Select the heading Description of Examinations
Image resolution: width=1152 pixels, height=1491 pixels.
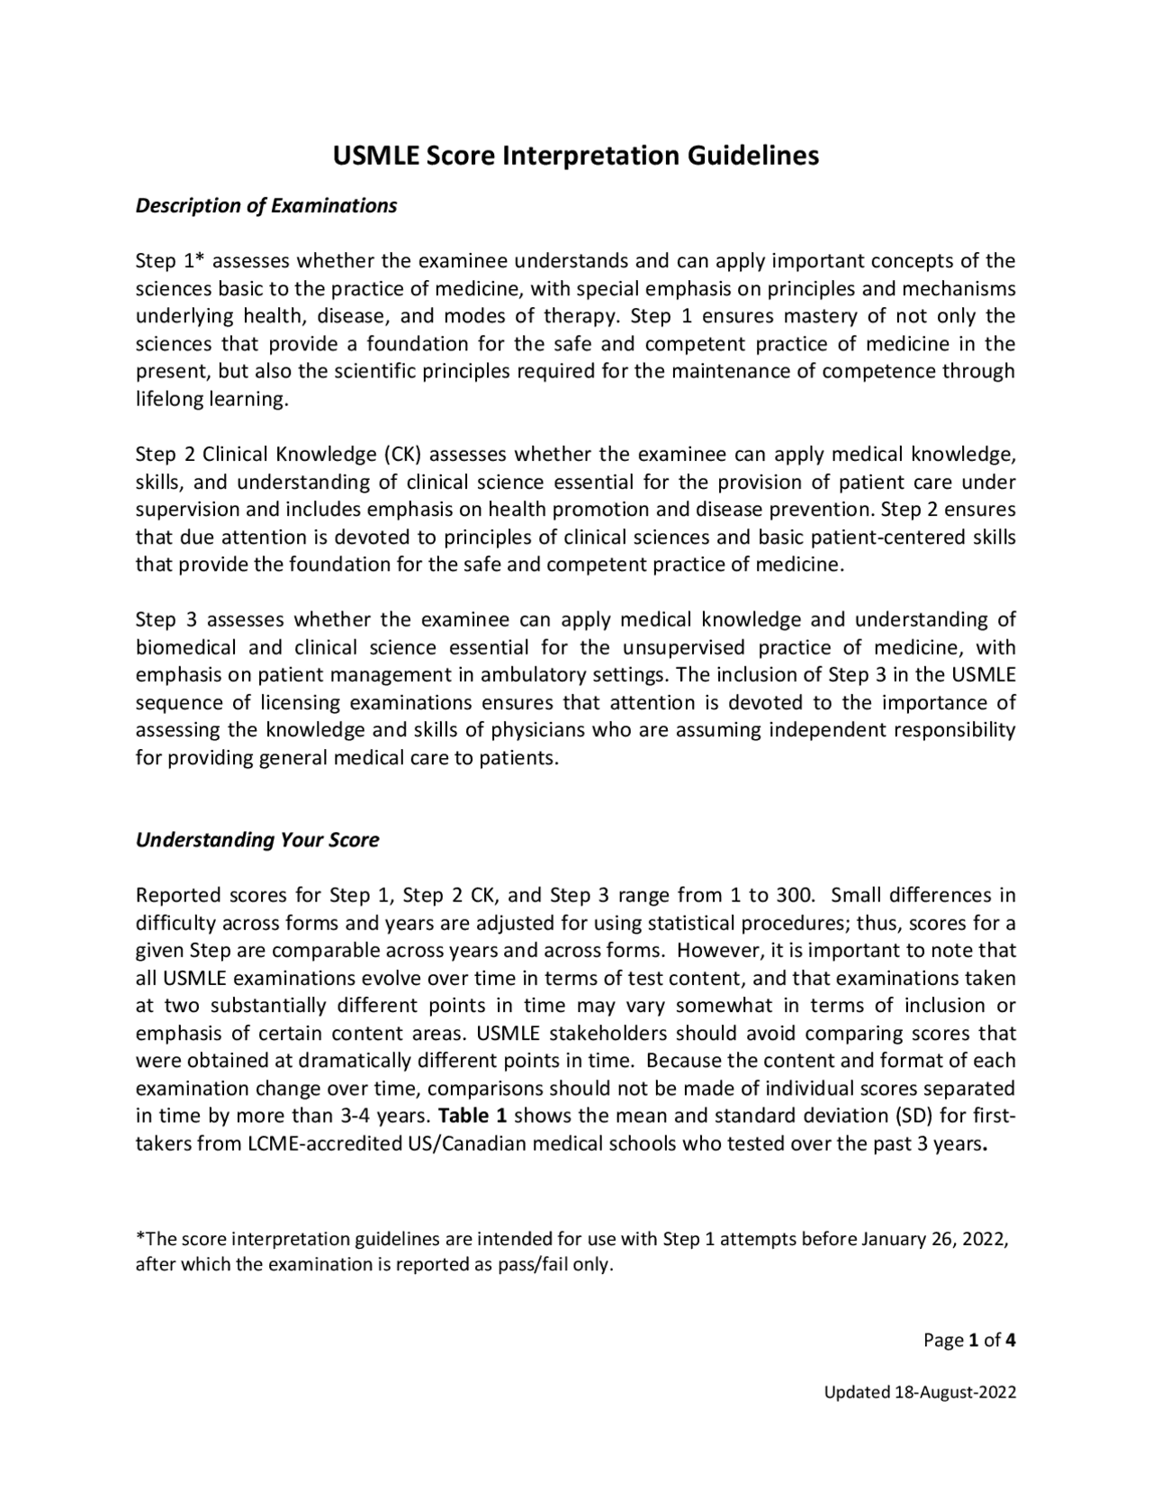(x=265, y=205)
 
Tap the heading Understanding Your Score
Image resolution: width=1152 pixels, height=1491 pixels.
(x=256, y=839)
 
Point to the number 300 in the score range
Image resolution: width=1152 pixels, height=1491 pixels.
(x=795, y=895)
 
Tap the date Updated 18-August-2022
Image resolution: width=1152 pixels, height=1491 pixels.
(x=921, y=1392)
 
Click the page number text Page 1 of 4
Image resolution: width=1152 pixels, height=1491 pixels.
(x=969, y=1340)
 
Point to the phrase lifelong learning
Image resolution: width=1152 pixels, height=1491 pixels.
(x=211, y=399)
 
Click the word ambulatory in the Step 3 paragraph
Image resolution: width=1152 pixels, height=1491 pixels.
(x=543, y=674)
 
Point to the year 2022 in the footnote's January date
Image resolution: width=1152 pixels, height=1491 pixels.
(x=985, y=1238)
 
